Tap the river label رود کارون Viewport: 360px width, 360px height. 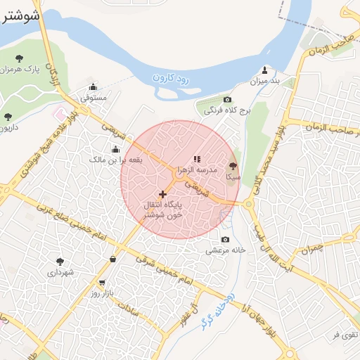pos(170,77)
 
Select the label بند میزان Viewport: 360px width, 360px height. pos(264,82)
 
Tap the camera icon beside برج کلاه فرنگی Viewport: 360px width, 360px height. pos(227,100)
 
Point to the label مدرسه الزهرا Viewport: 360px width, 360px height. pos(202,171)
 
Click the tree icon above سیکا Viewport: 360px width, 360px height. pos(233,167)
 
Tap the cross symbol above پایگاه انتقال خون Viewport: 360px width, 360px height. pos(162,193)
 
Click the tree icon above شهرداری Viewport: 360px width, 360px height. pos(60,261)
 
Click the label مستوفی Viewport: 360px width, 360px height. pos(94,98)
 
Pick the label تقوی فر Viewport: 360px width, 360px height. pos(346,333)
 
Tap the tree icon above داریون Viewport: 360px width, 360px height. pos(8,117)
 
